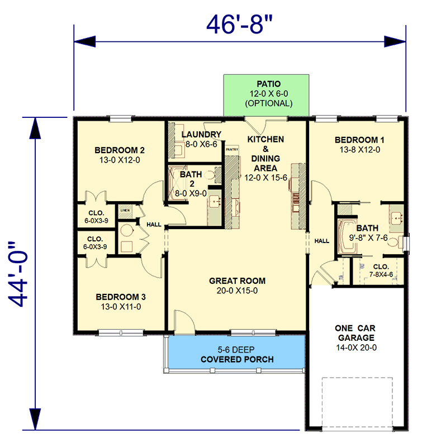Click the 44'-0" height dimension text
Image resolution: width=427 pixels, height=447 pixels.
[21, 274]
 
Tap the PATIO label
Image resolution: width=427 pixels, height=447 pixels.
[268, 84]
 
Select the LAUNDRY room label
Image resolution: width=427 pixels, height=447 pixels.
[201, 135]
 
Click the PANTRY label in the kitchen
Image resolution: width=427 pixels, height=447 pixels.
[231, 150]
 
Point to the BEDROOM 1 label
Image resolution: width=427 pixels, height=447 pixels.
[359, 140]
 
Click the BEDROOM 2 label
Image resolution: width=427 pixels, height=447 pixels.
[120, 150]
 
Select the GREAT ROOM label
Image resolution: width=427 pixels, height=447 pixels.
[237, 280]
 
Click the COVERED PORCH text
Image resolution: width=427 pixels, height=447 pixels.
[237, 359]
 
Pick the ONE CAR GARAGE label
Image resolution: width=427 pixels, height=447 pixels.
[355, 333]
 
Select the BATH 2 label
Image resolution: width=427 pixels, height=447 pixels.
[192, 179]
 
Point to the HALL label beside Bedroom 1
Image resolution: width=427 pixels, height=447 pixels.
[321, 241]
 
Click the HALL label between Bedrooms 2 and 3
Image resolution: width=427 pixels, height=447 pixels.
[154, 225]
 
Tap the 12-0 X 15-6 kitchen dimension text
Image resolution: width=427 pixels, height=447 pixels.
[265, 177]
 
